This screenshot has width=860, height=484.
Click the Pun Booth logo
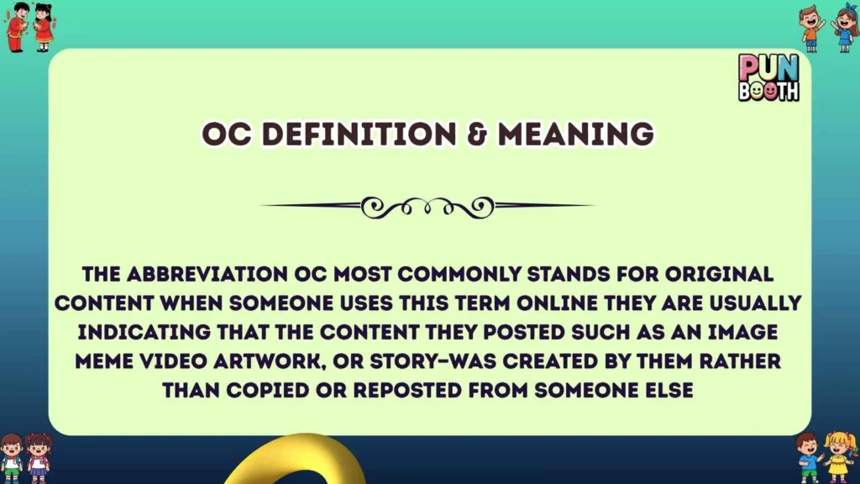pos(768,77)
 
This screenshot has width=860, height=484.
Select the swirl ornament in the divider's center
pos(428,206)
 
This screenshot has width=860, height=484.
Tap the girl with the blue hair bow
pos(845,27)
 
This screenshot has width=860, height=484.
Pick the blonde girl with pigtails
pos(838,456)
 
